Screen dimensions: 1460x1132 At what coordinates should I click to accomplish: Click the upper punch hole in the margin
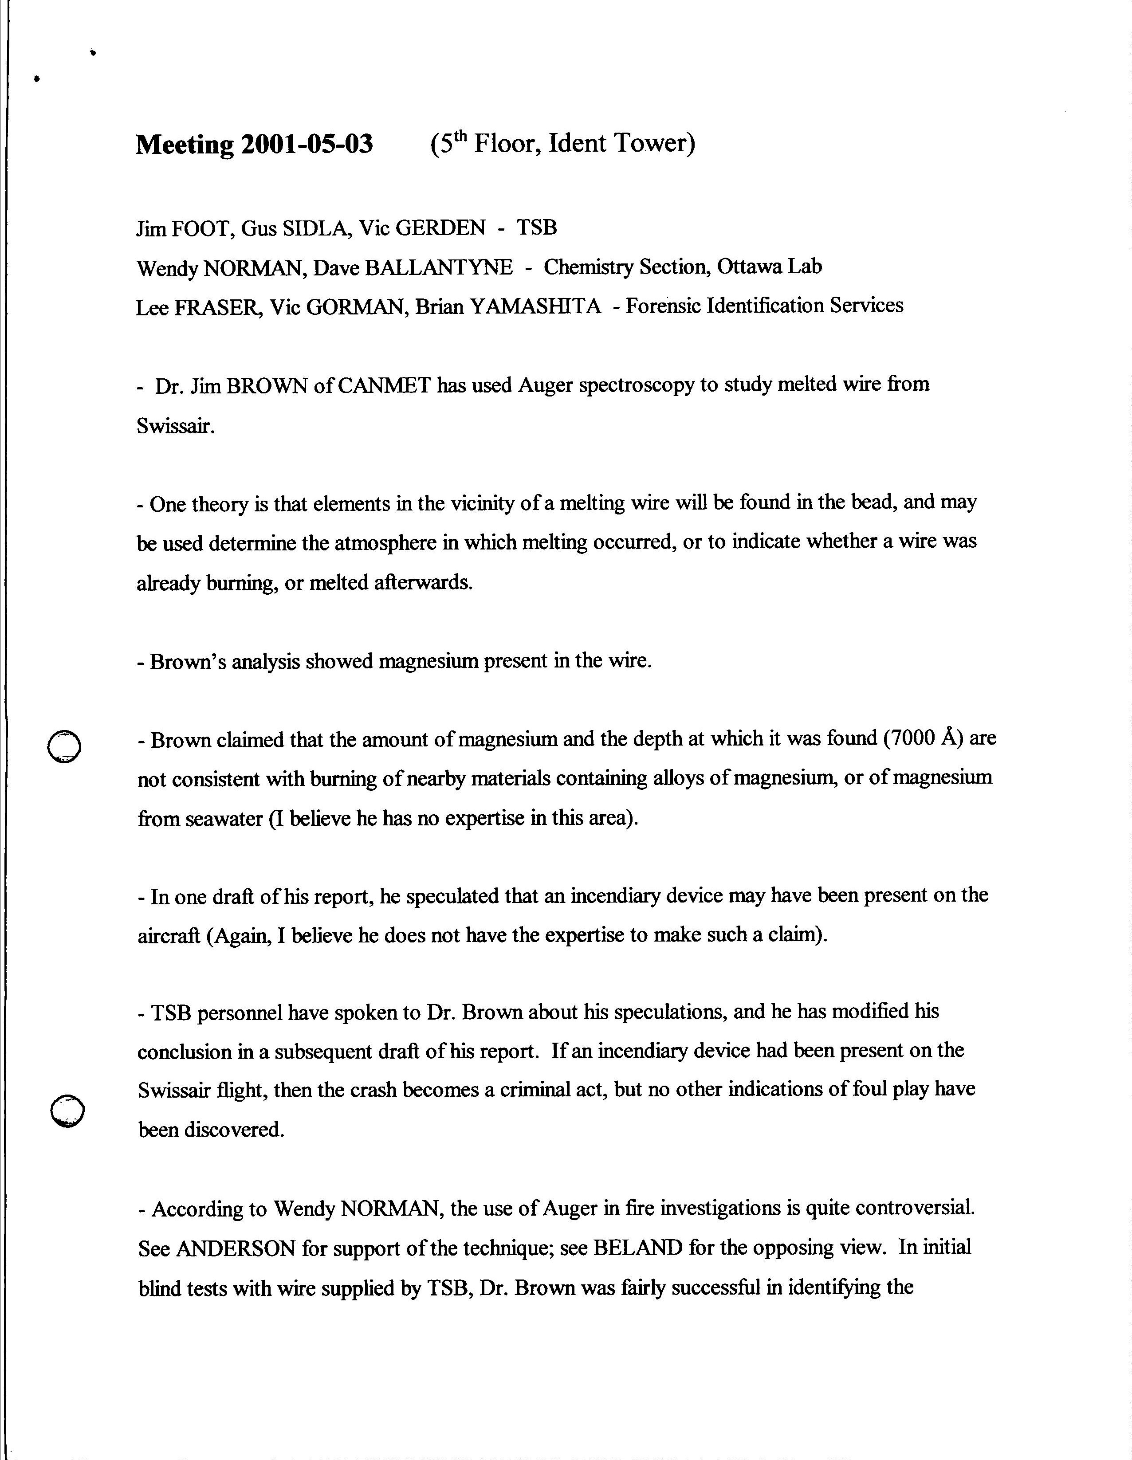coord(65,746)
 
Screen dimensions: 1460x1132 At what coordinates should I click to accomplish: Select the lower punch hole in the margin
coord(67,1111)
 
